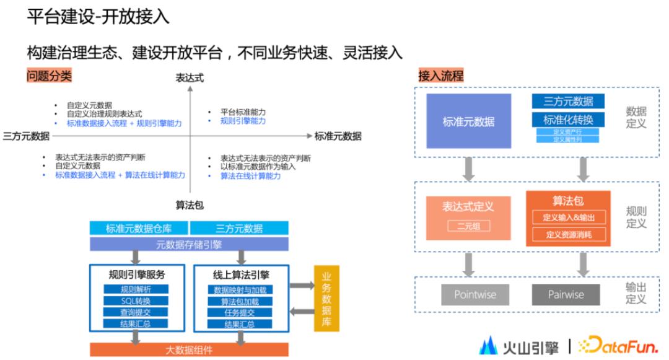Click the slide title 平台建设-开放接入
98,17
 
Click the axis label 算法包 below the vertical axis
190,206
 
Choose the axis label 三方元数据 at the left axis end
26,136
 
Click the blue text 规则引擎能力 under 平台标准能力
243,121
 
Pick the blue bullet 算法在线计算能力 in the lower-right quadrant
250,176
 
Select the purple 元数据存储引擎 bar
189,244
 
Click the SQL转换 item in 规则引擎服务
136,301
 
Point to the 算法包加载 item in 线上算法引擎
240,301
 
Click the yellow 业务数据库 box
326,297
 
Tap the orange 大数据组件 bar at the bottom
189,349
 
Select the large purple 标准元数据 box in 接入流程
468,121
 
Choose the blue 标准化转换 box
568,120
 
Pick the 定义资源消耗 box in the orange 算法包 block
568,235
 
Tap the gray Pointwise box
474,294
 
